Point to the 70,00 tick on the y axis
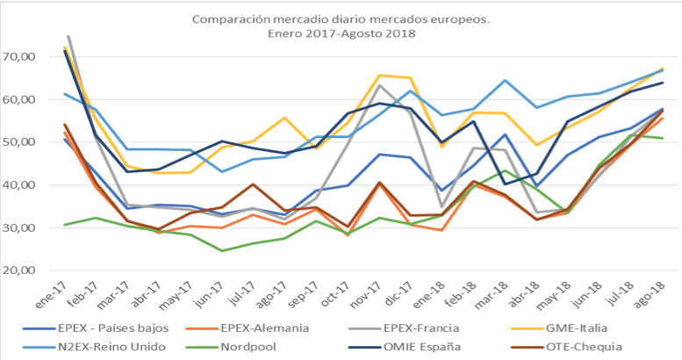click(19, 57)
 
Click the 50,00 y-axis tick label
click(19, 142)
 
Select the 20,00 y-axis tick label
click(19, 270)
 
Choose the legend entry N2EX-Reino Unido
click(98, 346)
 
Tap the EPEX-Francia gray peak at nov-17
click(378, 85)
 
